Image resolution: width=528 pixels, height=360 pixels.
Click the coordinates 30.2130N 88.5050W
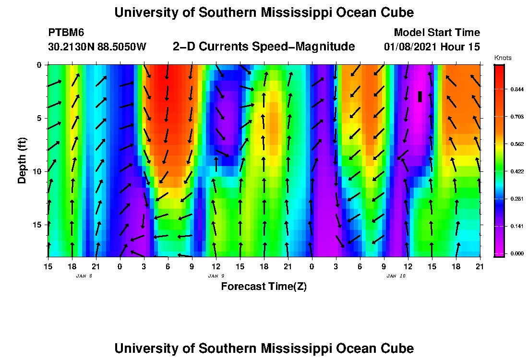[x=97, y=47]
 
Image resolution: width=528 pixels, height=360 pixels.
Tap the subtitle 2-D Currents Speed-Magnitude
[x=264, y=47]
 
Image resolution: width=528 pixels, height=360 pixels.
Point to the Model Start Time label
[x=436, y=33]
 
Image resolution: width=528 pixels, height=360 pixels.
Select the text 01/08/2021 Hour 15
[x=432, y=47]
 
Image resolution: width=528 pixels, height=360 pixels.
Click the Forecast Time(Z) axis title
[x=264, y=287]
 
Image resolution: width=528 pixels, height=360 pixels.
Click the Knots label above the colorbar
[x=503, y=58]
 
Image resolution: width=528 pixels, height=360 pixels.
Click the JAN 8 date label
[x=84, y=276]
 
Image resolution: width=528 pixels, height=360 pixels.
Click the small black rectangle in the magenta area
[x=420, y=96]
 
